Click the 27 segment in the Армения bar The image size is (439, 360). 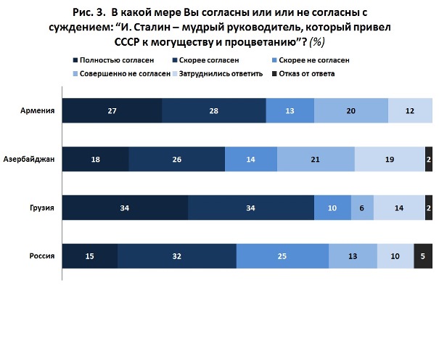pyautogui.click(x=112, y=110)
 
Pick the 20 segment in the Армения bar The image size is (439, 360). pyautogui.click(x=351, y=110)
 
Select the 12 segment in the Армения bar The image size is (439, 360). pyautogui.click(x=410, y=110)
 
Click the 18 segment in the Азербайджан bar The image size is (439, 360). pyautogui.click(x=95, y=159)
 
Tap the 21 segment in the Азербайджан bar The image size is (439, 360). pyautogui.click(x=316, y=159)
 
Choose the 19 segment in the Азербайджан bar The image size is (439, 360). pyautogui.click(x=390, y=159)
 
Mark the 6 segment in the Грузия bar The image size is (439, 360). pyautogui.click(x=362, y=208)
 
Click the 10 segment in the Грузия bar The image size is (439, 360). pyautogui.click(x=332, y=208)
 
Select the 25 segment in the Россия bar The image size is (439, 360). pyautogui.click(x=282, y=256)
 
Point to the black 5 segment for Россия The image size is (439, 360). pyautogui.click(x=423, y=256)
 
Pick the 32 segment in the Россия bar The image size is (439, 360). pyautogui.click(x=177, y=256)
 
